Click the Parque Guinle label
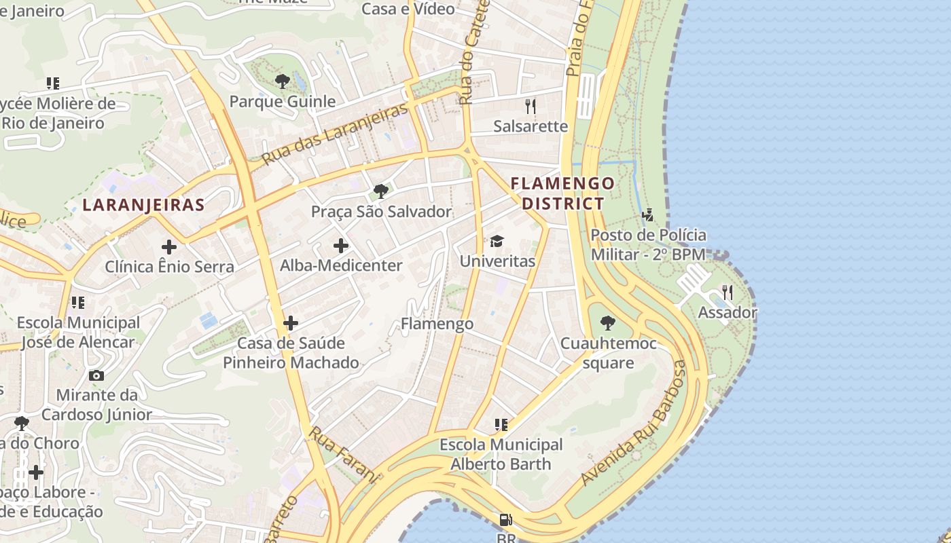(283, 102)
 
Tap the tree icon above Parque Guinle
(283, 81)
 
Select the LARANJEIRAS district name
(143, 205)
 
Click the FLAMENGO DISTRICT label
(562, 193)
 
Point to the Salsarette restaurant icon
(531, 106)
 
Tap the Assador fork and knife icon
(728, 293)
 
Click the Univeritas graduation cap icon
(497, 241)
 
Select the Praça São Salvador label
(381, 212)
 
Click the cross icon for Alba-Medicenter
(341, 246)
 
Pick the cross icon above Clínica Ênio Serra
(168, 247)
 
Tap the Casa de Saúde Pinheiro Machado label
(291, 353)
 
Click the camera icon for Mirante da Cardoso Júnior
(96, 375)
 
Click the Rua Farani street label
(343, 454)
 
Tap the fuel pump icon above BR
(505, 520)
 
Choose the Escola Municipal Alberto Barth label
(501, 455)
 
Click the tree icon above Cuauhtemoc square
(608, 323)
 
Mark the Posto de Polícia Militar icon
(648, 215)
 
